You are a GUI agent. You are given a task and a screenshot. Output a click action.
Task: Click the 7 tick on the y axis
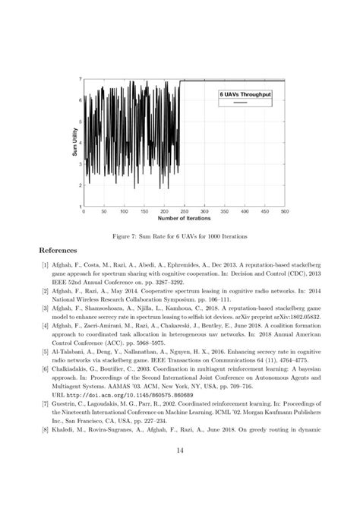80,80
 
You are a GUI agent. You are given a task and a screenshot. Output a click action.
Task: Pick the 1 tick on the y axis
80,206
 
